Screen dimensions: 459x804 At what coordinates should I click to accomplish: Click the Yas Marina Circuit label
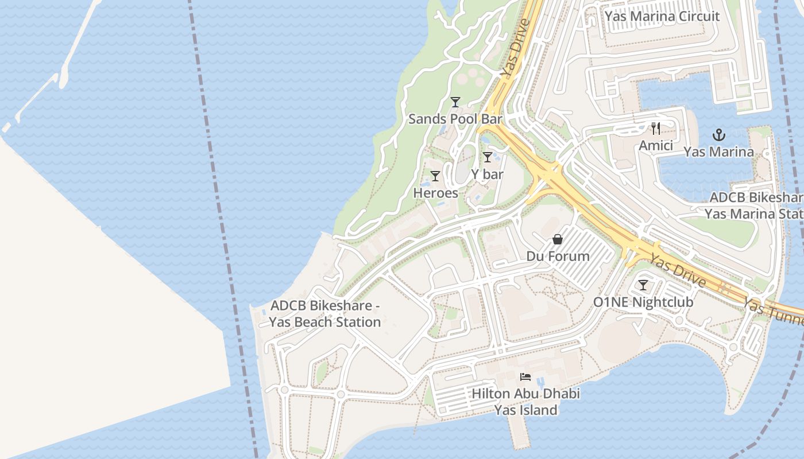(x=662, y=16)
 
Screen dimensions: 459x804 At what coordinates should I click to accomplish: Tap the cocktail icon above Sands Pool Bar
(x=455, y=102)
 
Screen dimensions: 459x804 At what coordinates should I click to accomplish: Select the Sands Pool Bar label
(x=455, y=119)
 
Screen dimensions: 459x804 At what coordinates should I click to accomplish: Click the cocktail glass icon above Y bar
(x=488, y=157)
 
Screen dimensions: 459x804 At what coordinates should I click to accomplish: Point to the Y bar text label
(x=487, y=174)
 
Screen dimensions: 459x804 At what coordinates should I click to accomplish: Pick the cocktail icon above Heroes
(x=435, y=176)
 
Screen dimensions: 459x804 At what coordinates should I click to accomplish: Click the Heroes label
(x=436, y=193)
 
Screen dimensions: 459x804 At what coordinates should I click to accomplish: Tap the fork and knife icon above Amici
(x=656, y=129)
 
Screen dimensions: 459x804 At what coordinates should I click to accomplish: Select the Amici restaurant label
(x=656, y=146)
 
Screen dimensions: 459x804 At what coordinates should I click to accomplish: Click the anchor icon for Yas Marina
(x=718, y=135)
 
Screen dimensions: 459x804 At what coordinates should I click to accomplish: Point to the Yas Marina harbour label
(x=718, y=152)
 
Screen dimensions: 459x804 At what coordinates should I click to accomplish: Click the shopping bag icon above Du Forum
(x=558, y=239)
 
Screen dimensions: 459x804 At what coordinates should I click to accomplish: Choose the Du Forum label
(x=558, y=256)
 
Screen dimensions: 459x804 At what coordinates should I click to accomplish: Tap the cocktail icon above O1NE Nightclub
(x=643, y=285)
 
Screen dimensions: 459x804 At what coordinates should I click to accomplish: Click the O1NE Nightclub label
(x=643, y=302)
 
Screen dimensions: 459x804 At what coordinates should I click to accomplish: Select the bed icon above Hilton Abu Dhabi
(x=525, y=377)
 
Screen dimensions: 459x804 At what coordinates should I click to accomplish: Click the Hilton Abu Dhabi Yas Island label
(x=525, y=402)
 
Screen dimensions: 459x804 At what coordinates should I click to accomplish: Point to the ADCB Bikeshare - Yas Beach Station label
(x=325, y=314)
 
